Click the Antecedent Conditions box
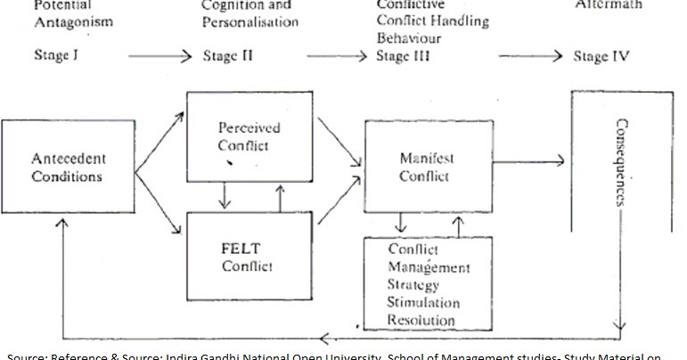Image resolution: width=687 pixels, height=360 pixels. (x=69, y=168)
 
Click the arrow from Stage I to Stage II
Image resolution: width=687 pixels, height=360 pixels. (x=160, y=57)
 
